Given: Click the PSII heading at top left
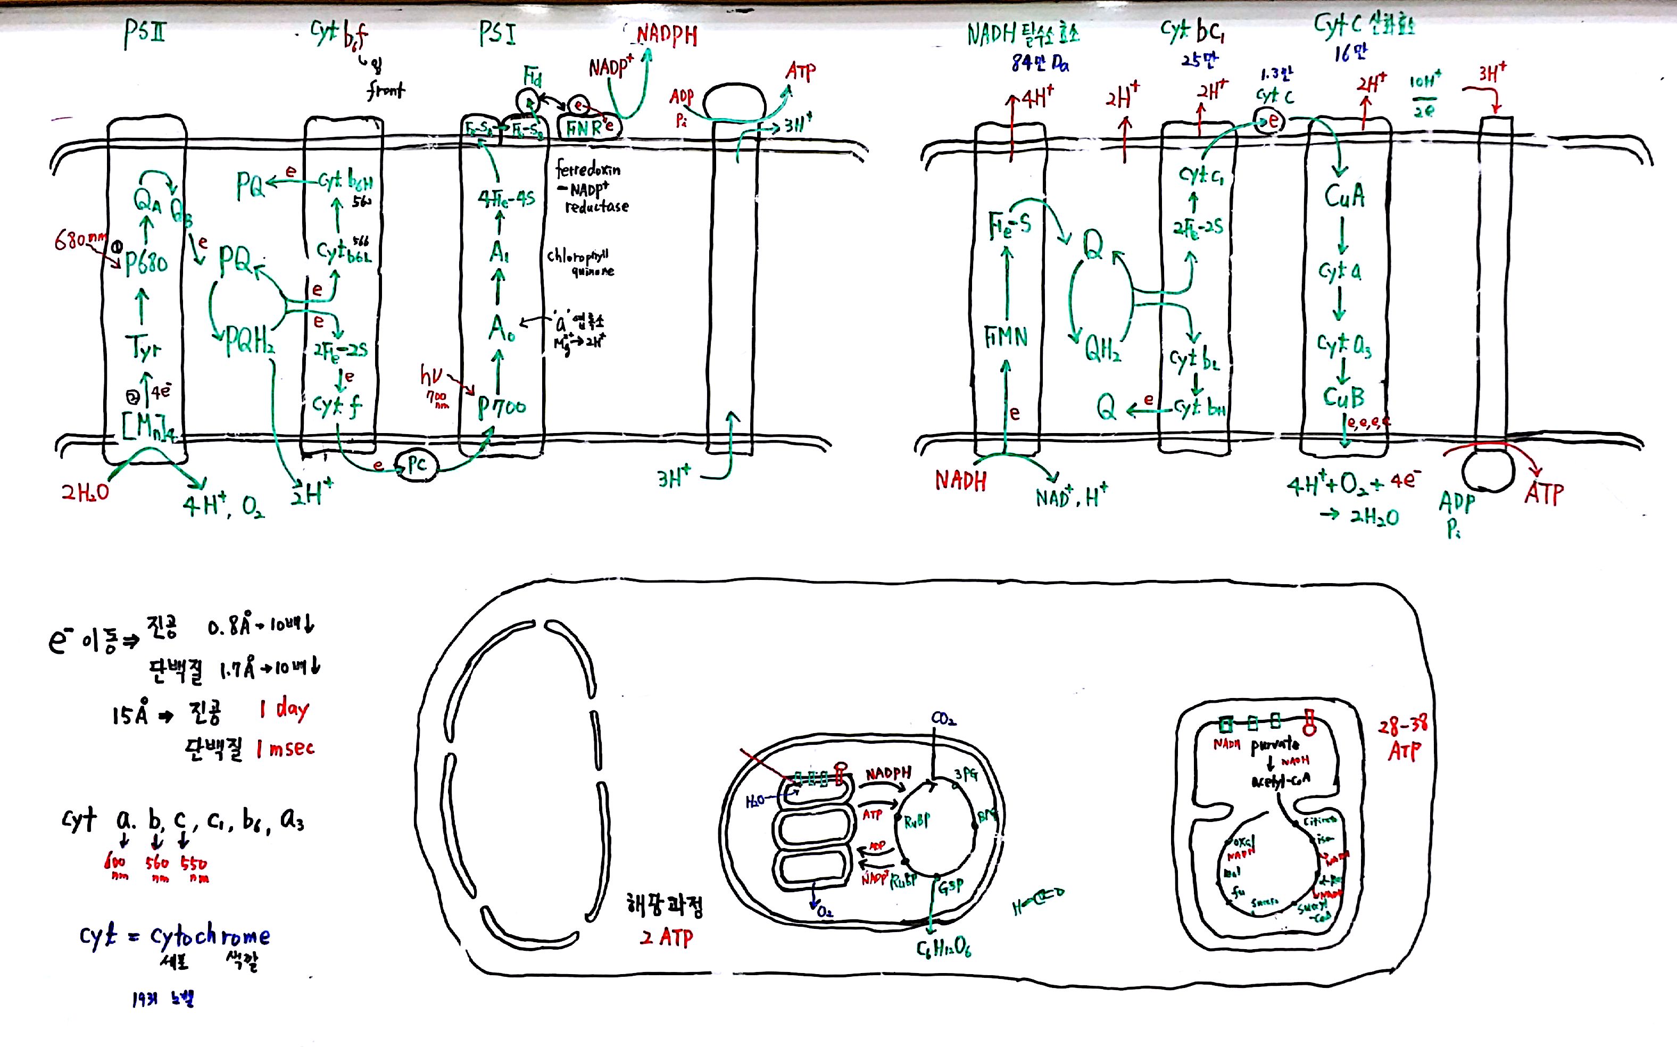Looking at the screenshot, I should click(145, 32).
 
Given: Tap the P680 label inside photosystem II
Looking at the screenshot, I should click(146, 263).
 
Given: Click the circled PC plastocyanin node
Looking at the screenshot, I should click(416, 464).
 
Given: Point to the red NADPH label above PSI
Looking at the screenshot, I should click(667, 35).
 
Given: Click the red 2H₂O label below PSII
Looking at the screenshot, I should click(85, 492).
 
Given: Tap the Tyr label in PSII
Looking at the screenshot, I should click(143, 347).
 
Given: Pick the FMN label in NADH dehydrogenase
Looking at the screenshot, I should click(1006, 338).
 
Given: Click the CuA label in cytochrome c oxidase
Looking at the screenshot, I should click(1344, 196).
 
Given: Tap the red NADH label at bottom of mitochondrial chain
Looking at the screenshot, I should click(960, 480).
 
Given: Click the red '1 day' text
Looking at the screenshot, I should click(285, 709).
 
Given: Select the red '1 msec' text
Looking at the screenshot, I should click(285, 749).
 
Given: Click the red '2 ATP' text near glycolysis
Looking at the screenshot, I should click(666, 937).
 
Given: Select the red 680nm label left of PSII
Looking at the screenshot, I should click(79, 241).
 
